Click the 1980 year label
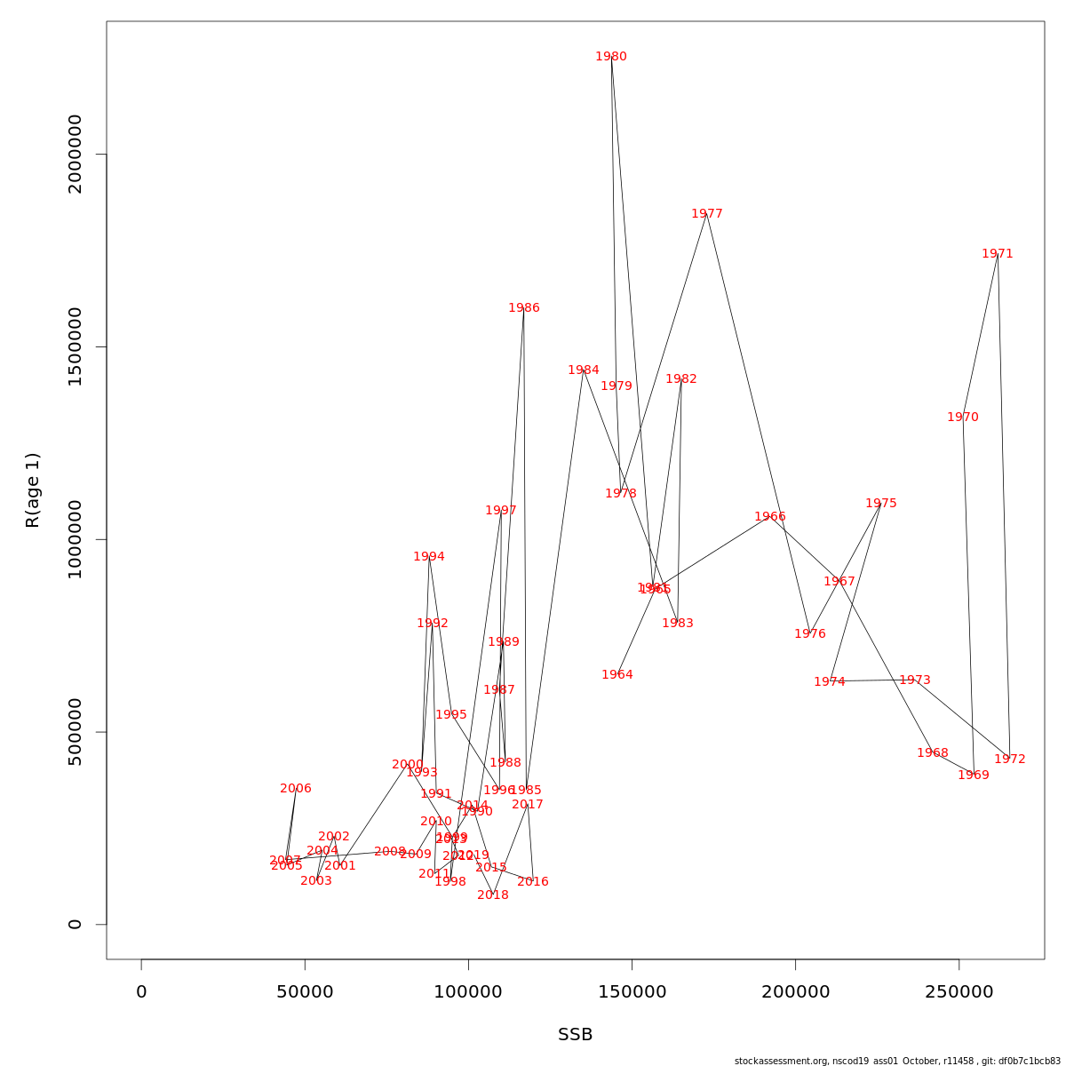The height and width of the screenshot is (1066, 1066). pyautogui.click(x=611, y=57)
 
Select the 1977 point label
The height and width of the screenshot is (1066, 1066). pyautogui.click(x=707, y=214)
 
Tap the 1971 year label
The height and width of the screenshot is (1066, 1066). pyautogui.click(x=998, y=254)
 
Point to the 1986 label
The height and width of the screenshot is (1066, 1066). pyautogui.click(x=524, y=308)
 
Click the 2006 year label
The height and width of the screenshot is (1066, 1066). pyautogui.click(x=296, y=789)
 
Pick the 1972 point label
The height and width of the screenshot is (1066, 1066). pyautogui.click(x=1010, y=760)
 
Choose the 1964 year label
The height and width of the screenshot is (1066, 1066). pyautogui.click(x=617, y=675)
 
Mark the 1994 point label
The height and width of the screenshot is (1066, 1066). pyautogui.click(x=429, y=557)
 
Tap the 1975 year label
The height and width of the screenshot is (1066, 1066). pyautogui.click(x=881, y=504)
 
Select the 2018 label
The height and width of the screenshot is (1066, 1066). pyautogui.click(x=493, y=895)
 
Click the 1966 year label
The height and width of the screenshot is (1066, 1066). pyautogui.click(x=770, y=517)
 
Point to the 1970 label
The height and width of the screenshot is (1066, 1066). pyautogui.click(x=963, y=418)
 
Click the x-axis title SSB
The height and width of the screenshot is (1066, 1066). pyautogui.click(x=576, y=1035)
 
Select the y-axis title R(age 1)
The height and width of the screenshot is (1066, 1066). pyautogui.click(x=33, y=490)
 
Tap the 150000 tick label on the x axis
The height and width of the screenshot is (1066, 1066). pyautogui.click(x=632, y=992)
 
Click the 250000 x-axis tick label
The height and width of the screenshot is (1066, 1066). pyautogui.click(x=959, y=992)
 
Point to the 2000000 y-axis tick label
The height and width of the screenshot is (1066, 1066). pyautogui.click(x=76, y=154)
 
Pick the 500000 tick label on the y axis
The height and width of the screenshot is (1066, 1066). pyautogui.click(x=76, y=732)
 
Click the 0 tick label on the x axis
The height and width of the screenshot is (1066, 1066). pyautogui.click(x=141, y=992)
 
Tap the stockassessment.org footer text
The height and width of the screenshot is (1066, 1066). pyautogui.click(x=897, y=1061)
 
